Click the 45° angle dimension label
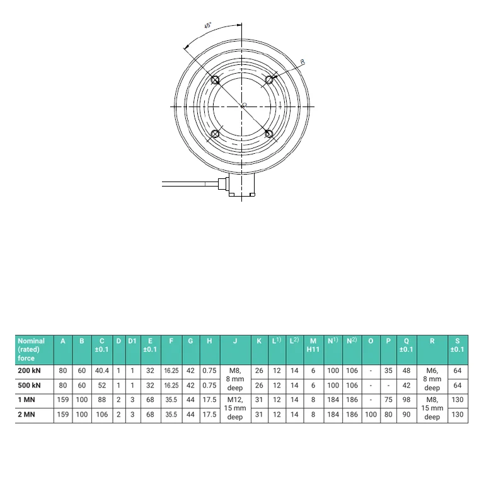(208, 25)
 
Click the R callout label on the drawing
(302, 62)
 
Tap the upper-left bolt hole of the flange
(215, 80)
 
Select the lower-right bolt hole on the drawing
(269, 134)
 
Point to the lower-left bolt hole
(215, 134)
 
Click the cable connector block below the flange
(242, 185)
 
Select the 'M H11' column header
(313, 345)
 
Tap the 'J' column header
(235, 341)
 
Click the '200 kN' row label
(29, 371)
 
